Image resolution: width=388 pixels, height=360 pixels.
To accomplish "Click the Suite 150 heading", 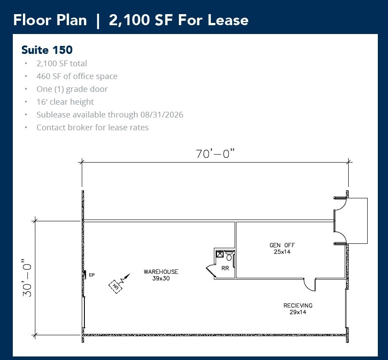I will click(47, 49).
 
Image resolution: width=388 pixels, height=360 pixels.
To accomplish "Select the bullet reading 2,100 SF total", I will click(61, 64).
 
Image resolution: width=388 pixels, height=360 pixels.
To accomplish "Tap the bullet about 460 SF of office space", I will click(77, 76).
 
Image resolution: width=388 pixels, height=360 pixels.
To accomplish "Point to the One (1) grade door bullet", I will click(72, 89).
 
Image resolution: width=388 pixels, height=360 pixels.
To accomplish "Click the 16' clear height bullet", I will click(65, 102).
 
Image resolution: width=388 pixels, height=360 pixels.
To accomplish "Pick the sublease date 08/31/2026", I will click(161, 115).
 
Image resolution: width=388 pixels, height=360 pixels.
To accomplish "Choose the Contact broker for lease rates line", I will click(92, 128).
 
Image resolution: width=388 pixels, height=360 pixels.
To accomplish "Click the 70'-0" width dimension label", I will click(215, 154).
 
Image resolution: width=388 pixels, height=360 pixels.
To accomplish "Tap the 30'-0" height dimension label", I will click(27, 277).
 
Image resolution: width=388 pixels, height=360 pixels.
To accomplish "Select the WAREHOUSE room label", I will click(161, 272).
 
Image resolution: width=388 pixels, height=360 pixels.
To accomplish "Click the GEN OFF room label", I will click(282, 245).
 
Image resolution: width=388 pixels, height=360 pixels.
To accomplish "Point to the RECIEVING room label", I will click(298, 305).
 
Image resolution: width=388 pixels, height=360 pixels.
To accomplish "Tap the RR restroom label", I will click(225, 268).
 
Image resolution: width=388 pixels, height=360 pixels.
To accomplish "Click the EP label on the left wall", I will click(92, 275).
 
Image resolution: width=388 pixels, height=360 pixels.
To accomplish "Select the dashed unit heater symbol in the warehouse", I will click(116, 286).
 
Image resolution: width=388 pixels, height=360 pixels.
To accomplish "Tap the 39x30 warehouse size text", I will click(161, 278).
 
